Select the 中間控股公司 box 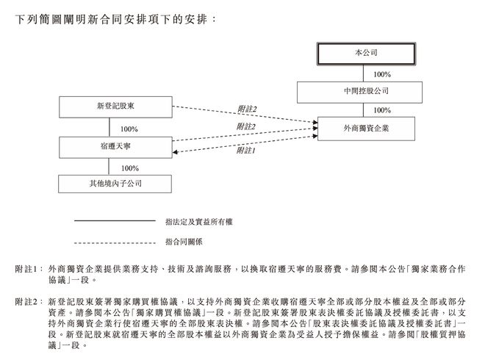(x=360, y=92)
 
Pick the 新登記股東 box (x=115, y=107)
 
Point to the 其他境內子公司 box (x=115, y=184)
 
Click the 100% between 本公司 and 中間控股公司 (x=381, y=73)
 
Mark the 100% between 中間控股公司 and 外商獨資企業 (x=381, y=110)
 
